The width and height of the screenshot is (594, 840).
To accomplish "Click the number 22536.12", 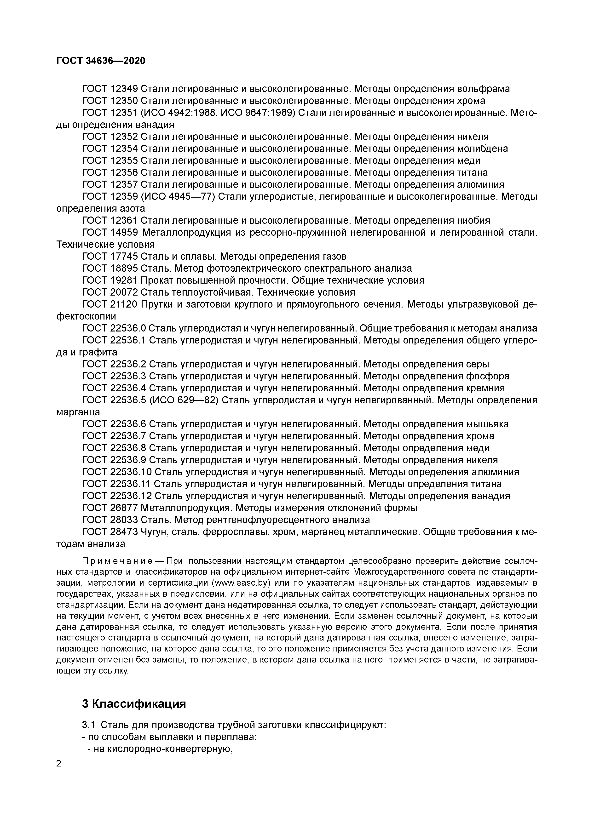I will (130, 496).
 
